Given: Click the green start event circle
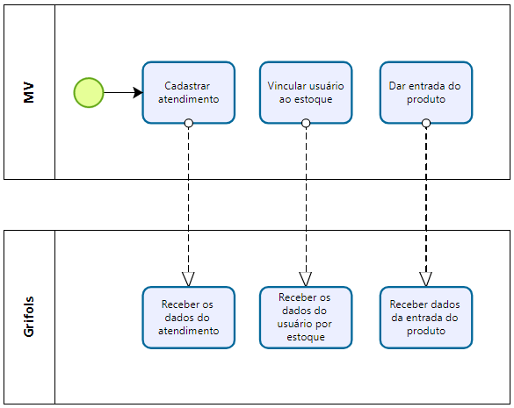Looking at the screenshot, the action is pos(89,93).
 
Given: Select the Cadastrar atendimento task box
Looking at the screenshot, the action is pos(189,93).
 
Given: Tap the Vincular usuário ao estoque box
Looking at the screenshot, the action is pos(306,93).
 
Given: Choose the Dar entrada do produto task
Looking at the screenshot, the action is pos(426,93).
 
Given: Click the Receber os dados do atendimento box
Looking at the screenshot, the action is pos(189,318).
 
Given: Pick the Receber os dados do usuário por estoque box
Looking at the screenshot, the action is pos(306,318).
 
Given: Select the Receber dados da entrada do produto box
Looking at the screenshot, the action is pos(426,318).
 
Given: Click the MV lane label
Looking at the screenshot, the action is pos(29,93).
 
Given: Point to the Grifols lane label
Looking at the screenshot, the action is pos(29,317).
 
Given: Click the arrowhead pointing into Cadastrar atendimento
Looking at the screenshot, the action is pos(138,93).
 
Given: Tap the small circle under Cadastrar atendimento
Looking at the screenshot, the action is pos(189,124).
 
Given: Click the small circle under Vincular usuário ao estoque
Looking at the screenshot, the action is pos(306,124).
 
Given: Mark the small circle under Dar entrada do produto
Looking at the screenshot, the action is pos(426,124).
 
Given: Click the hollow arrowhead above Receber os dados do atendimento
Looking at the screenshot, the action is pos(189,279).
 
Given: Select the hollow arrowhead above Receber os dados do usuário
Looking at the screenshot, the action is pos(306,279).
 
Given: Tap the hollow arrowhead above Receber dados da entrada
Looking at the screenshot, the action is pos(426,279).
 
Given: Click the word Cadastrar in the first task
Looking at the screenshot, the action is pos(187,86).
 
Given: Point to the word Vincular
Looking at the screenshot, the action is pos(283,86).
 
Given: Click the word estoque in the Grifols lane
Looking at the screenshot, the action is pos(306,337).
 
